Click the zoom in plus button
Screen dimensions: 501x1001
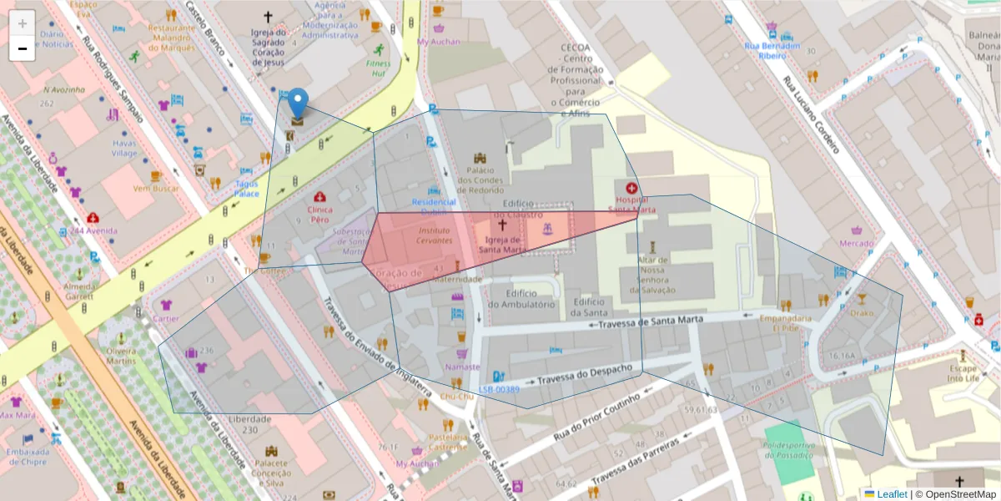(x=23, y=23)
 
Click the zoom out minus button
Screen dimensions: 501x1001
(x=23, y=48)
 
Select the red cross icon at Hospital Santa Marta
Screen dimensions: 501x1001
(x=631, y=189)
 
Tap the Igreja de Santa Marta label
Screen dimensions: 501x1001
(x=502, y=244)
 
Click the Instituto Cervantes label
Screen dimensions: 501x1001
(x=434, y=235)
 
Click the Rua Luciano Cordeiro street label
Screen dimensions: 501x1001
(x=810, y=115)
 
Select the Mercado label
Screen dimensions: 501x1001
(x=856, y=244)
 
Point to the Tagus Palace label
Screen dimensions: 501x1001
(x=246, y=188)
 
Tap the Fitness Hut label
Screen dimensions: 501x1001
(x=377, y=68)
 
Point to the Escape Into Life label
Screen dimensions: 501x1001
(x=967, y=373)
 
